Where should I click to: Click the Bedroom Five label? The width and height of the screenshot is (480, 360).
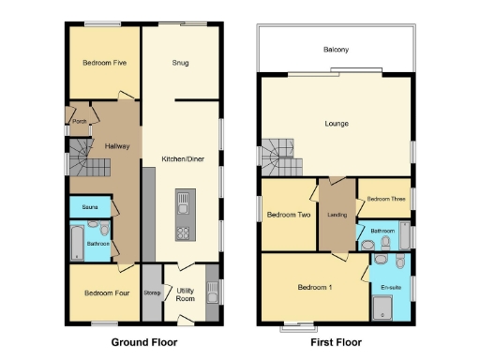[104, 63]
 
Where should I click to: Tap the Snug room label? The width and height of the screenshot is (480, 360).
[181, 63]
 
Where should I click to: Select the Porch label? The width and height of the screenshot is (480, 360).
[79, 120]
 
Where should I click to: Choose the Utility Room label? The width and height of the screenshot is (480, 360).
[186, 293]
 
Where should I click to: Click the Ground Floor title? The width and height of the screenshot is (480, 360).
[143, 342]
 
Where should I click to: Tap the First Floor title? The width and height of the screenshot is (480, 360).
[335, 342]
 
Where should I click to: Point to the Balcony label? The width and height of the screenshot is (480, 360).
[337, 50]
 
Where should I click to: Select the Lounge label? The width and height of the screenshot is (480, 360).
[337, 123]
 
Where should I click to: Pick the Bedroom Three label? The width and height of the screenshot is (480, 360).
[384, 199]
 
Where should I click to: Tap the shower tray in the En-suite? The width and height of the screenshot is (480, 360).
[383, 305]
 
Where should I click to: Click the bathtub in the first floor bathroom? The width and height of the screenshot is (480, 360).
[402, 237]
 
